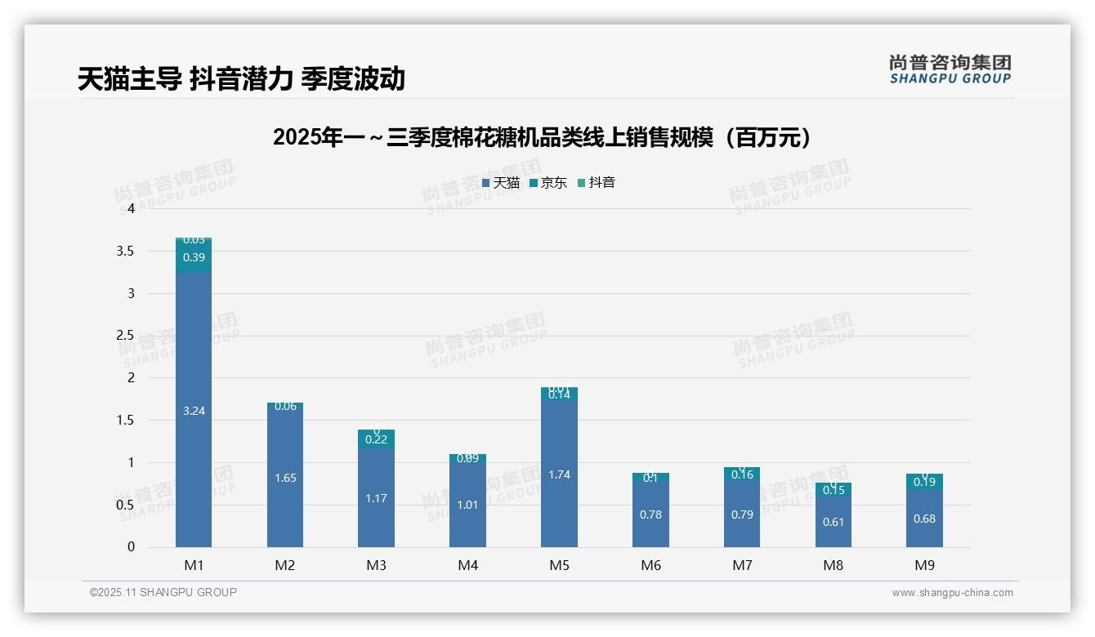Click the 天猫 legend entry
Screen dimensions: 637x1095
[501, 183]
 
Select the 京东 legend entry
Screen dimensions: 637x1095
[548, 183]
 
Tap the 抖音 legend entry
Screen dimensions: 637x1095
[597, 183]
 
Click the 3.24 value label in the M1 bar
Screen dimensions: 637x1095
[194, 412]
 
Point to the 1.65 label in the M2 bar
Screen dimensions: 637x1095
[285, 478]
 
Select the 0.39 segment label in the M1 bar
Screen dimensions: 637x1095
[194, 257]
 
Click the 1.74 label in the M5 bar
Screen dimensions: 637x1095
[559, 474]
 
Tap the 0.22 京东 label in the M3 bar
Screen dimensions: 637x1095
[377, 439]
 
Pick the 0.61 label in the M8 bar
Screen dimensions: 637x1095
[834, 522]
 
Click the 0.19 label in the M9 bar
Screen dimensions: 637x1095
[924, 482]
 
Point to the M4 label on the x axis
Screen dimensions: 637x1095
[467, 565]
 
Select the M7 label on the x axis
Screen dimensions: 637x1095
[742, 565]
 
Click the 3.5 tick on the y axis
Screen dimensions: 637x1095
[125, 251]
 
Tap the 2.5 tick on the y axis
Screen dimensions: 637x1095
[125, 336]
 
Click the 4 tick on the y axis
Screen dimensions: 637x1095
[131, 208]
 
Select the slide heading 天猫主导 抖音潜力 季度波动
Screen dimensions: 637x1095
[241, 79]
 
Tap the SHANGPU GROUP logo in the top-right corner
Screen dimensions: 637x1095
[950, 69]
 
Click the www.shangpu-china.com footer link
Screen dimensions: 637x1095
[952, 593]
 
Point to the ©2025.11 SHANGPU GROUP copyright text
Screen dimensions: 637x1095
[163, 593]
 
